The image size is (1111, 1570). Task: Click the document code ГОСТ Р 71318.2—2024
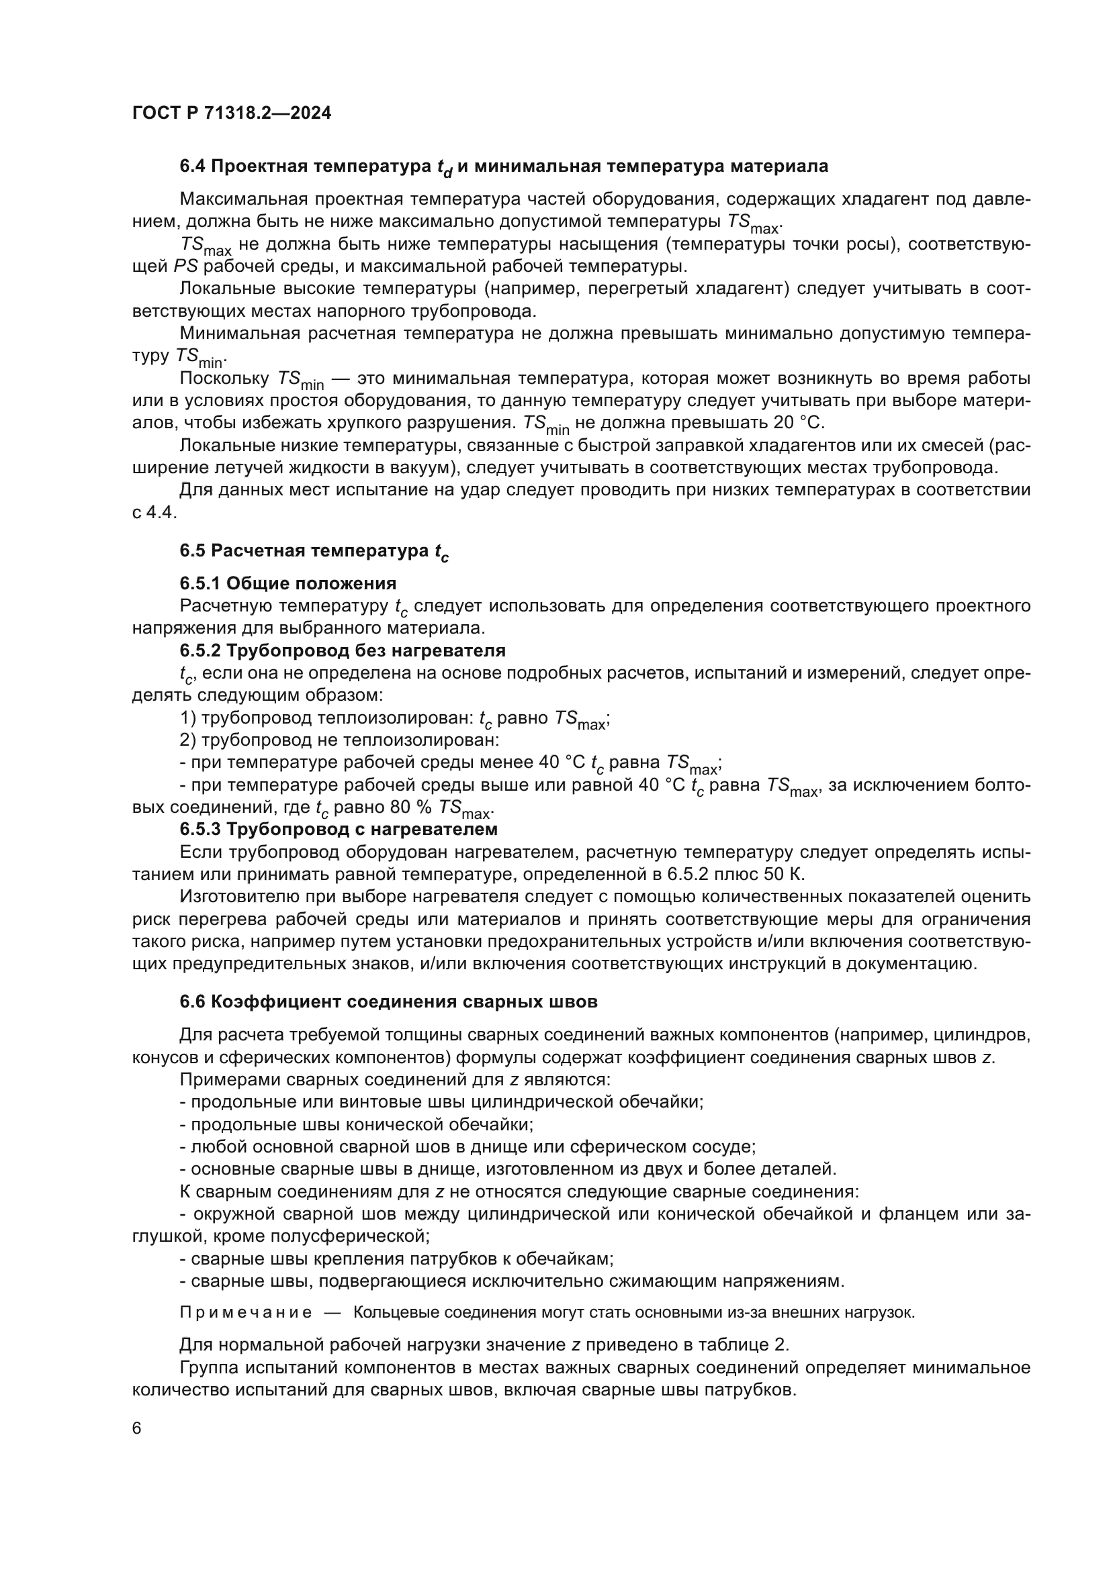(x=231, y=113)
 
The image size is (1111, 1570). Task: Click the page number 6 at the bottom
(x=137, y=1428)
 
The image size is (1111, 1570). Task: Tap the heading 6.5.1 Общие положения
(x=288, y=583)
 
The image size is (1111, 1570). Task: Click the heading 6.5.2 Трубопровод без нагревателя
(x=342, y=650)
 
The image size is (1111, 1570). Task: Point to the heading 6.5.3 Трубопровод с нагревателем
(x=339, y=830)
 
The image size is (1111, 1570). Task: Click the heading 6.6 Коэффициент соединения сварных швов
(x=388, y=1001)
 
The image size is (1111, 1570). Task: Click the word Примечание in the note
(x=246, y=1312)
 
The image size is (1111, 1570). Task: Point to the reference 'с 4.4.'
(x=154, y=513)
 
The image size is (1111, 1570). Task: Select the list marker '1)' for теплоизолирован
(x=187, y=718)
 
